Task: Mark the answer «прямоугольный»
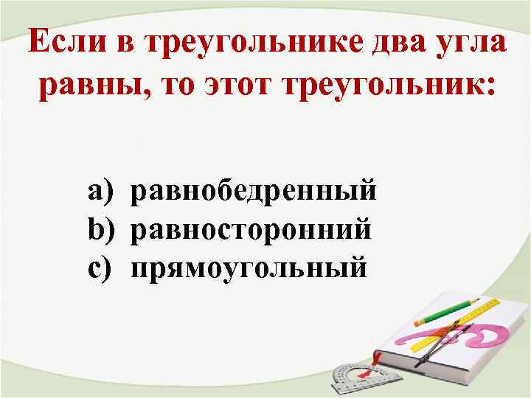pyautogui.click(x=248, y=266)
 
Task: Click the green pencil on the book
pyautogui.click(x=445, y=312)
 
